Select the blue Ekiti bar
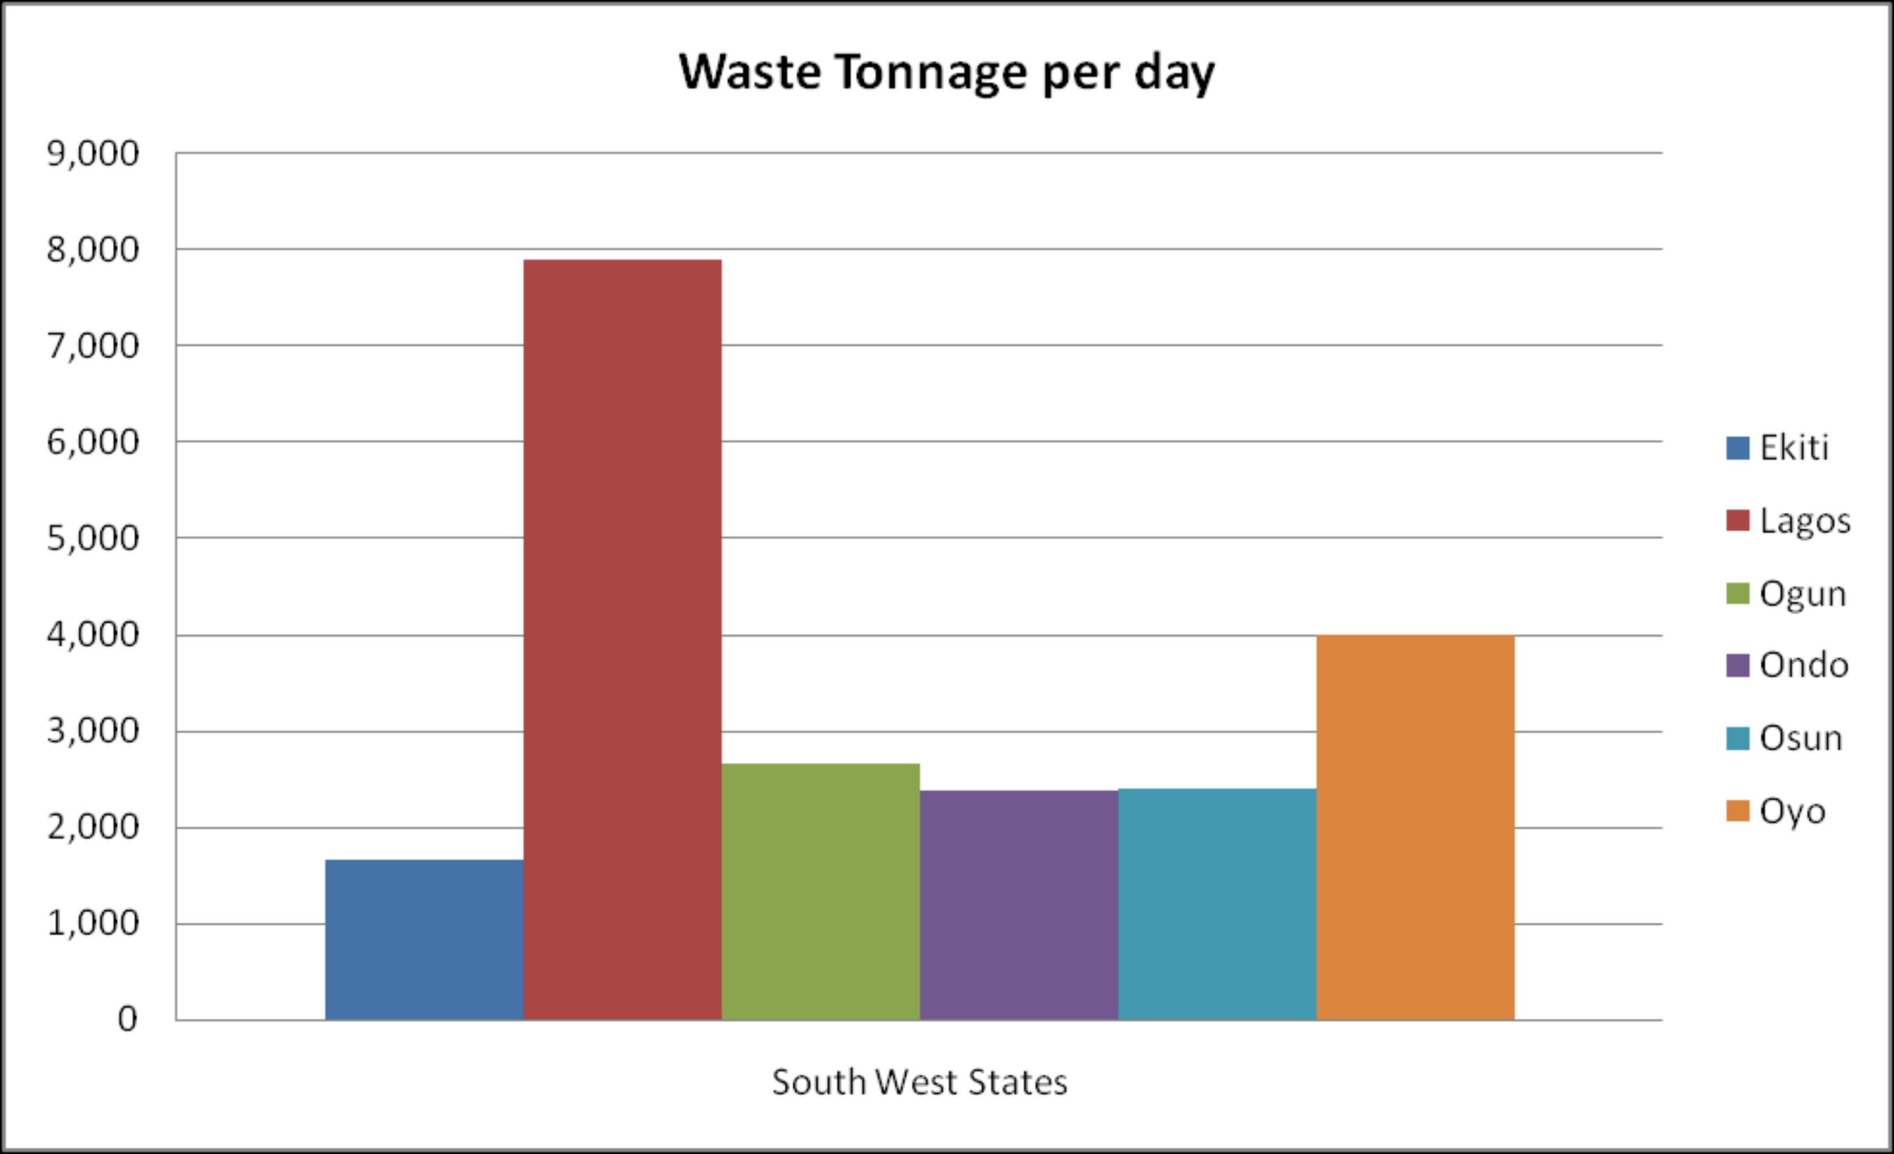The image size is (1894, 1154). pyautogui.click(x=424, y=940)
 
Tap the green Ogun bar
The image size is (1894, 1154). pyautogui.click(x=821, y=892)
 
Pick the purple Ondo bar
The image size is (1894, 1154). pyautogui.click(x=1019, y=905)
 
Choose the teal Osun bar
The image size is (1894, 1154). pyautogui.click(x=1218, y=904)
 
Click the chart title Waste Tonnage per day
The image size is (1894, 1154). pyautogui.click(x=947, y=72)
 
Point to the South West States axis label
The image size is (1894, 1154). pyautogui.click(x=919, y=1082)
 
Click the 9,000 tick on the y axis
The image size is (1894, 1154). pyautogui.click(x=93, y=154)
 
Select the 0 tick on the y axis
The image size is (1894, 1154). pyautogui.click(x=128, y=1019)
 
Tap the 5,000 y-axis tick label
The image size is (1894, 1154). pyautogui.click(x=93, y=538)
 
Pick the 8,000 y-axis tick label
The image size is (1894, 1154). pyautogui.click(x=93, y=250)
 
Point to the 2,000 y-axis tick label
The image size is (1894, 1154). pyautogui.click(x=93, y=827)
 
